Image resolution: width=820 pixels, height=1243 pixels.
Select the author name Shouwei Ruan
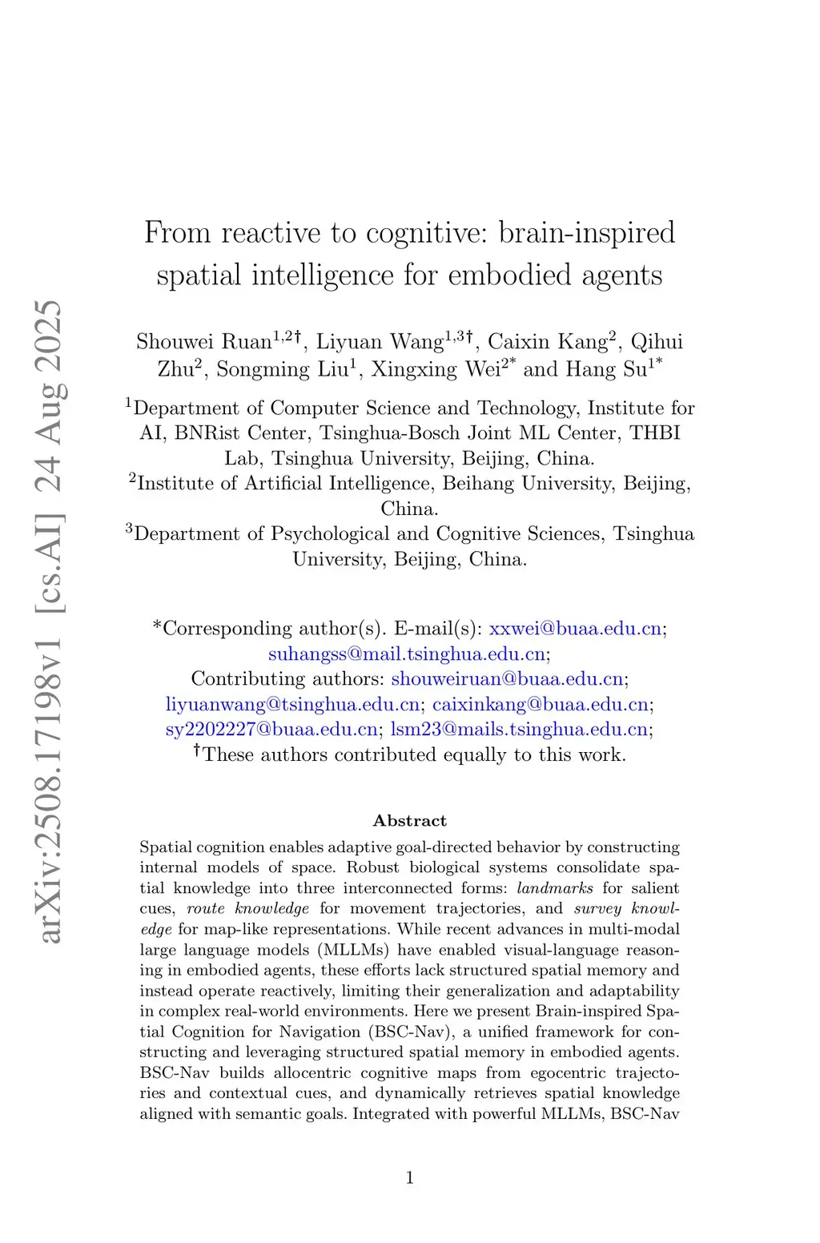203,342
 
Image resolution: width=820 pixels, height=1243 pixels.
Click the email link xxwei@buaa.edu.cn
575,629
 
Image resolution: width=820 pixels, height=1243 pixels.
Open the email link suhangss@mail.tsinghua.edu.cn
407,654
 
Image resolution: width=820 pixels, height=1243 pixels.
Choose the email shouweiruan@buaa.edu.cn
507,679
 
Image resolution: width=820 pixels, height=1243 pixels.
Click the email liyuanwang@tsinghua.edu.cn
292,705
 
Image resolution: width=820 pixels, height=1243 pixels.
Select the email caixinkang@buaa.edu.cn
541,705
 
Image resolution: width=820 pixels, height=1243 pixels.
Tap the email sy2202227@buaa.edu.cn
271,730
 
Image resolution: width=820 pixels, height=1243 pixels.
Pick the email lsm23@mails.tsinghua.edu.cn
519,730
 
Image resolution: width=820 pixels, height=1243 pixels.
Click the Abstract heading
410,821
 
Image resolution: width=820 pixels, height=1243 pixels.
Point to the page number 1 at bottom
410,1177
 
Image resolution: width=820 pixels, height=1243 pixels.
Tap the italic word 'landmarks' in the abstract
555,888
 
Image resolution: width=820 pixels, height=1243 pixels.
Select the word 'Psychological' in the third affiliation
330,534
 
